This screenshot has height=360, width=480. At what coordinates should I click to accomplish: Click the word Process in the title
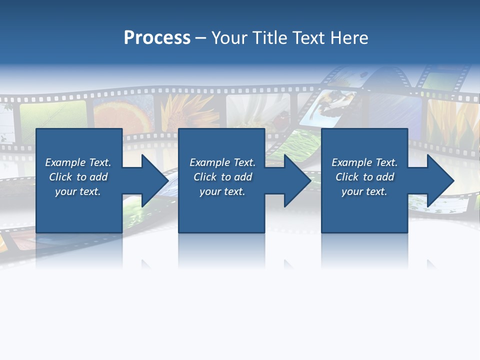157,38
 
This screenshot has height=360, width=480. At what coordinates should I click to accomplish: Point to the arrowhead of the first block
155,180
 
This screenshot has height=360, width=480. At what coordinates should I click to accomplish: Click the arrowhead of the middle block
298,180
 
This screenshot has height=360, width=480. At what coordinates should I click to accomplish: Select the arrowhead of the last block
440,180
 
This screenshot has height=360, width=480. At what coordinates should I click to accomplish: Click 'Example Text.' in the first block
78,162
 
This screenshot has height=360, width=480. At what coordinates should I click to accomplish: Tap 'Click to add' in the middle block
222,177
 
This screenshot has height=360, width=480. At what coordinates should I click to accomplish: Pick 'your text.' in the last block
364,191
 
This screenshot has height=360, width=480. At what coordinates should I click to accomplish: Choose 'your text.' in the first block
78,191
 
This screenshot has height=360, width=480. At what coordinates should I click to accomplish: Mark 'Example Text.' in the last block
364,162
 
